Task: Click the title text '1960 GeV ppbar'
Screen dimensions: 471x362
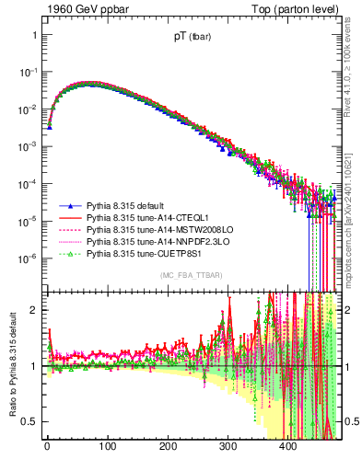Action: coord(81,10)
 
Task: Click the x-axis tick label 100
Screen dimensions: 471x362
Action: coord(108,448)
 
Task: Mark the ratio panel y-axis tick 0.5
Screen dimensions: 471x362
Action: coord(29,421)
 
